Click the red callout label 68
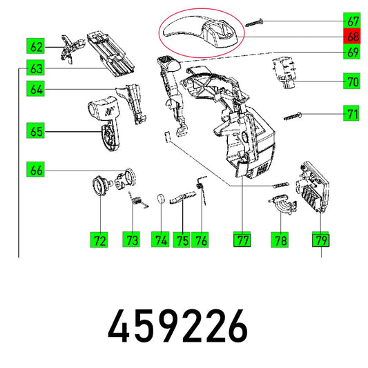(351, 36)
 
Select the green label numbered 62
(35, 46)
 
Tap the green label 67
(351, 21)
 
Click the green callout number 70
(351, 81)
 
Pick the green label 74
(160, 240)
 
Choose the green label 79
(320, 240)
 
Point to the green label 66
(35, 169)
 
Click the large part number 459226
(177, 326)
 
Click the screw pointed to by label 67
(254, 23)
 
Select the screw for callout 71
(293, 117)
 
